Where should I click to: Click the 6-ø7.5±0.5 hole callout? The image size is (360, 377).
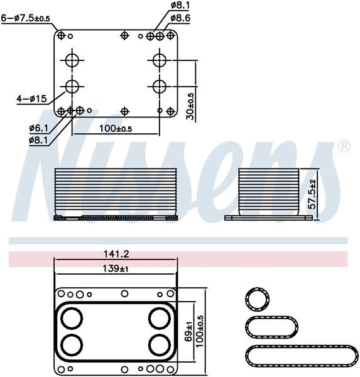tap(26, 18)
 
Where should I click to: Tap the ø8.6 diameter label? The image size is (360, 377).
tap(180, 18)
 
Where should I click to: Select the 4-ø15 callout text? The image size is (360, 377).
tap(32, 99)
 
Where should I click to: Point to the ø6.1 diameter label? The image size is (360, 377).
tap(38, 128)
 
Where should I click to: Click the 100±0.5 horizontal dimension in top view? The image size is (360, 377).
tap(116, 128)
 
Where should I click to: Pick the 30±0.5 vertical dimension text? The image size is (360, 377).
tap(190, 106)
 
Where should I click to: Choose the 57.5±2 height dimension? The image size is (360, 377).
tap(312, 194)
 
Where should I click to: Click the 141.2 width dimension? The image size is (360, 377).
tap(116, 254)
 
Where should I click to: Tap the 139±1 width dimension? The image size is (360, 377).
tap(116, 268)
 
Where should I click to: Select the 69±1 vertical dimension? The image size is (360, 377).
tap(188, 331)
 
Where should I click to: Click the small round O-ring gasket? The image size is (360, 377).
tap(258, 299)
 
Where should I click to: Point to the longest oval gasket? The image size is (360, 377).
tap(302, 356)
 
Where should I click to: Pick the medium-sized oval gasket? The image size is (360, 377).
tap(271, 327)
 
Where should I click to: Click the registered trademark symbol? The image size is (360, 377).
tap(344, 146)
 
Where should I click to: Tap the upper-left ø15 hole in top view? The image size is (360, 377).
tap(72, 60)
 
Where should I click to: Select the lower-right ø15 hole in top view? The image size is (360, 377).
tap(160, 86)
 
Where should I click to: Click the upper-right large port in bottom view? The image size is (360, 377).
tap(160, 318)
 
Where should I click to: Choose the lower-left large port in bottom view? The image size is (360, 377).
tap(72, 345)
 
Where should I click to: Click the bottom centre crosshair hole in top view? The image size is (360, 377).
tap(124, 111)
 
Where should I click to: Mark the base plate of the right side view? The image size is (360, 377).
tap(268, 218)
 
